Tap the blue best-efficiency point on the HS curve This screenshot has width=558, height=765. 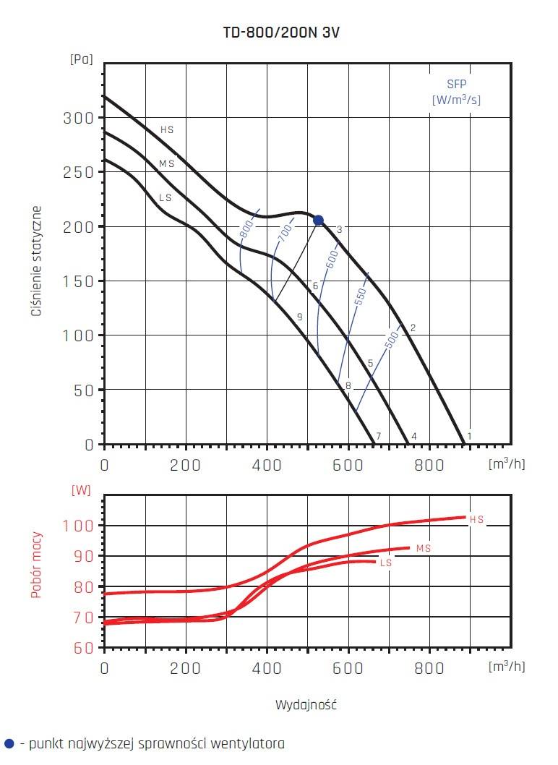click(318, 220)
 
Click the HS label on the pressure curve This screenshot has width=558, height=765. click(167, 130)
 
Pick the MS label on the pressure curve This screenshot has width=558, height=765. click(167, 164)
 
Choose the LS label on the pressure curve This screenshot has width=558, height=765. click(166, 197)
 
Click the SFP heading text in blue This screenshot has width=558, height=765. click(456, 83)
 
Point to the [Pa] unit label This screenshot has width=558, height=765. click(80, 59)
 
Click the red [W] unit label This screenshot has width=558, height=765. click(81, 490)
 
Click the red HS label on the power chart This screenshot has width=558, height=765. click(476, 519)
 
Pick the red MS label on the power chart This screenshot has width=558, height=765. click(424, 549)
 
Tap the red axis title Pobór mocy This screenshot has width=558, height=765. click(37, 565)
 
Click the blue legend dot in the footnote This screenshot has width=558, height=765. click(9, 743)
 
